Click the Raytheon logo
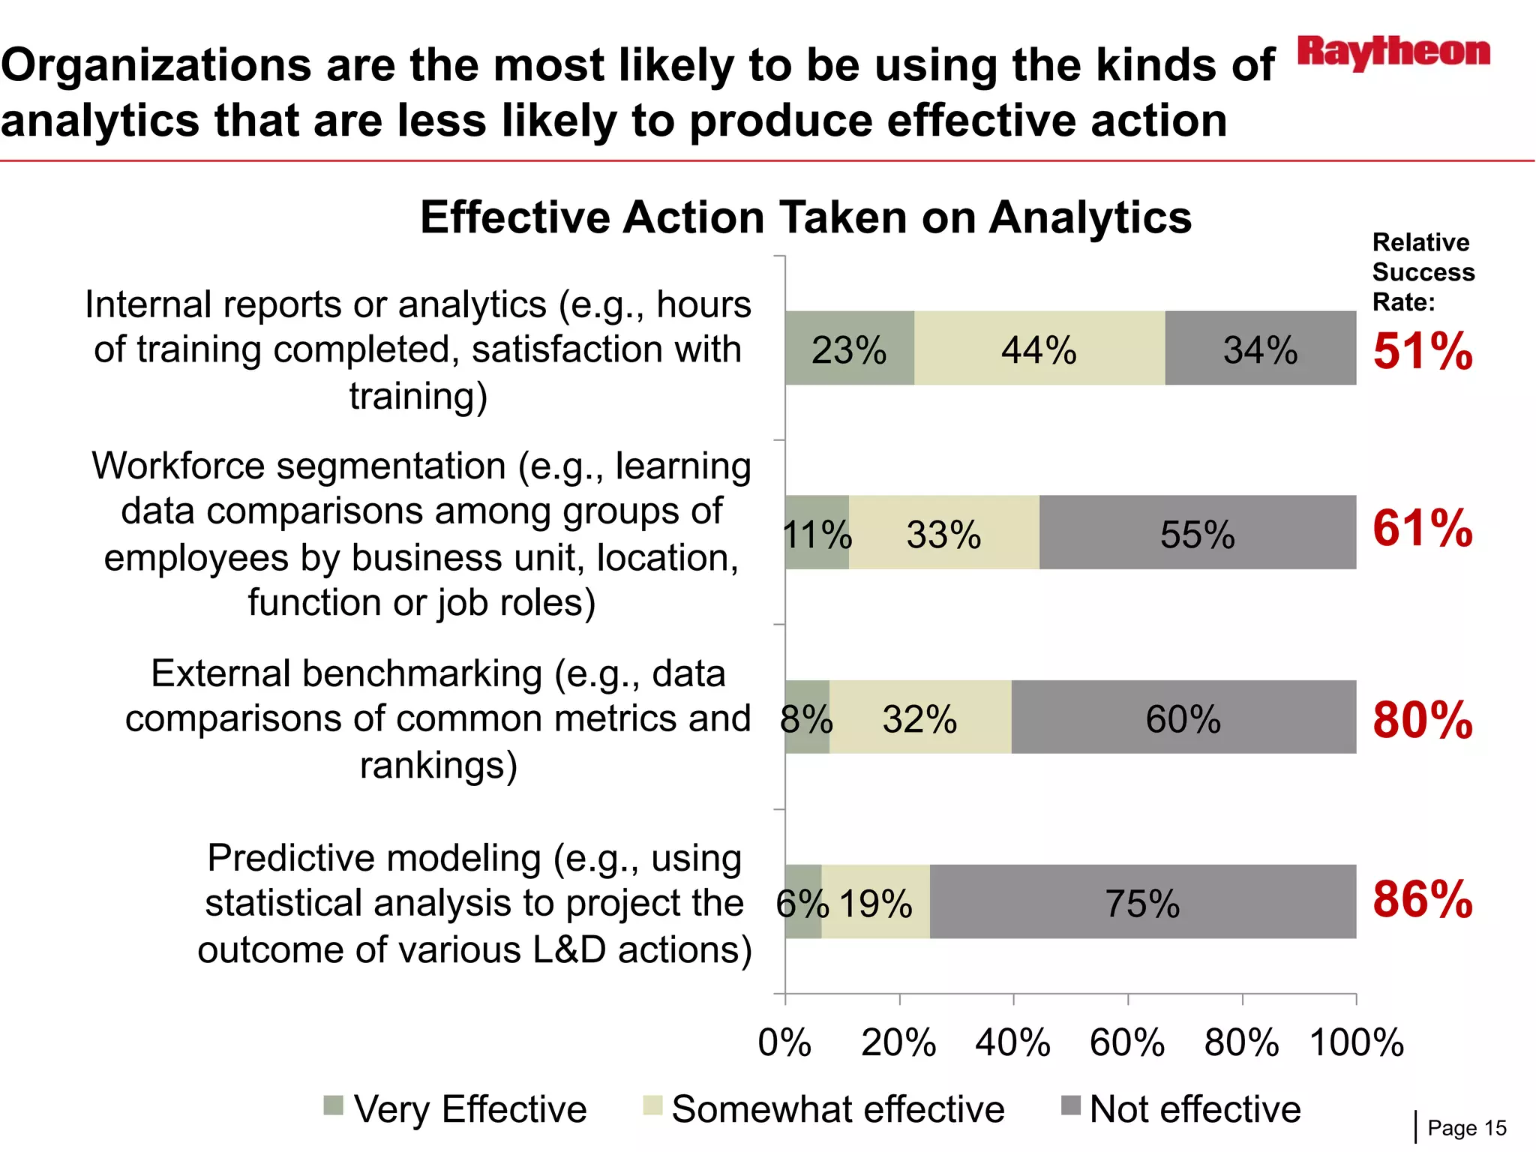coord(1393,52)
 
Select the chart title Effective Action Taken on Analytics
coord(805,217)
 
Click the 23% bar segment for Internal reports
coord(850,349)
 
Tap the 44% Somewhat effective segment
coord(1039,349)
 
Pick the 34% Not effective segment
coord(1261,349)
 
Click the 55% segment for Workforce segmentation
coord(1198,533)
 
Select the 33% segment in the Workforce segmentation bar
coord(944,533)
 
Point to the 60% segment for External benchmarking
coord(1183,718)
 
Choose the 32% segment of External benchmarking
coord(920,718)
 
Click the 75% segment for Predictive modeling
coord(1143,902)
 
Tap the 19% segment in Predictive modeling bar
coord(876,902)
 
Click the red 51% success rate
coord(1423,350)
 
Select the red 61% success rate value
coord(1423,528)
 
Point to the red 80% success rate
coord(1423,720)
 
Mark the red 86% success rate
coord(1423,898)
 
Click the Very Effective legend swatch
coord(333,1105)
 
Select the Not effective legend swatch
coord(1071,1105)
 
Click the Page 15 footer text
coord(1466,1128)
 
